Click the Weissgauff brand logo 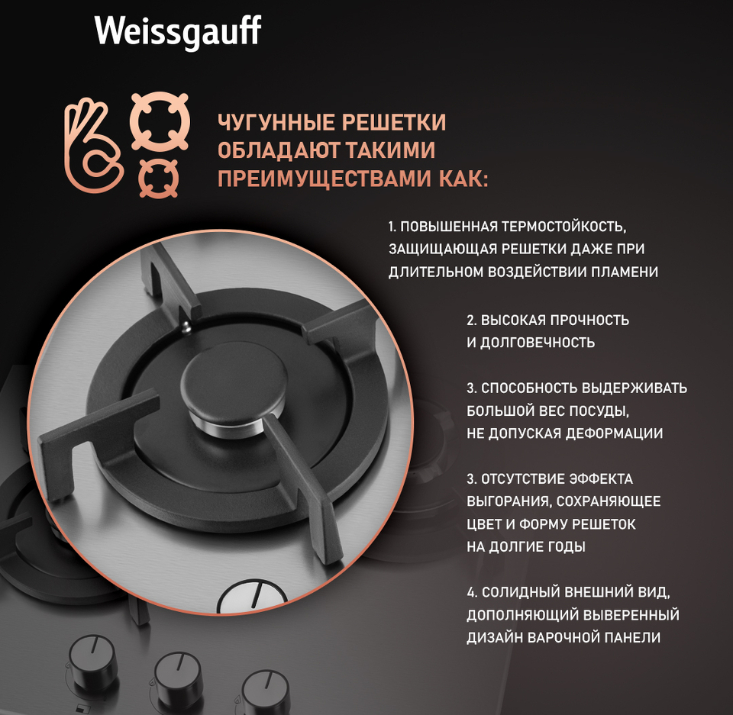click(178, 32)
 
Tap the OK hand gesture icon click(93, 145)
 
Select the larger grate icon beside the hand click(160, 121)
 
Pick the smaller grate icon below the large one click(159, 178)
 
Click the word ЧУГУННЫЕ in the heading click(276, 122)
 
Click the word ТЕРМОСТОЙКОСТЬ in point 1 click(563, 227)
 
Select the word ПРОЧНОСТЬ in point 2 click(589, 320)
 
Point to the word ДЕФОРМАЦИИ click(614, 433)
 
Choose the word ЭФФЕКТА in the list click(601, 479)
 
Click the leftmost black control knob click(92, 662)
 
